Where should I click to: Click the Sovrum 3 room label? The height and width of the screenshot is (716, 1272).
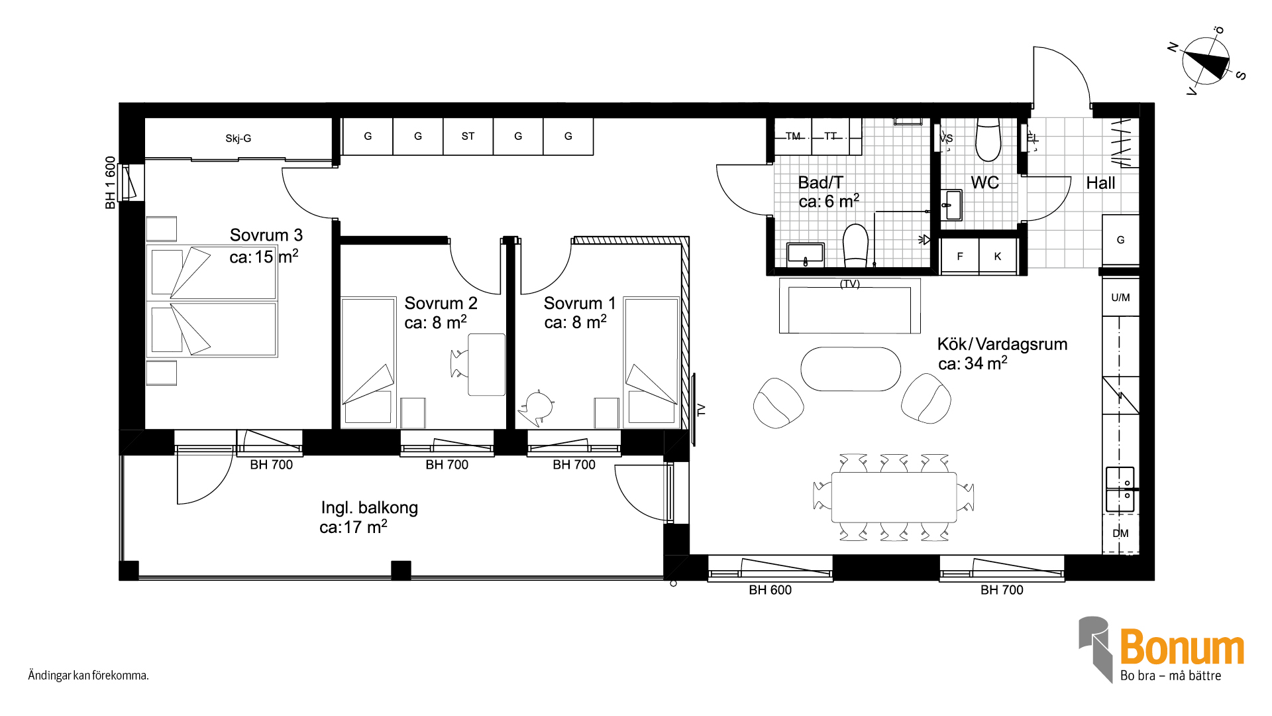point(266,235)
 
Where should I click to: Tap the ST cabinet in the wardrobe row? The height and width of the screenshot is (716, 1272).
point(468,137)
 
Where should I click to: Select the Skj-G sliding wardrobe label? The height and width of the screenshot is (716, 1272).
point(238,139)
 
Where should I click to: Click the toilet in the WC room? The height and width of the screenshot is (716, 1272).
point(988,140)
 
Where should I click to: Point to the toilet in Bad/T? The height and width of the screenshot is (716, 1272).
point(855,245)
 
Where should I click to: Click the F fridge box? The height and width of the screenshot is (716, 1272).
point(960,256)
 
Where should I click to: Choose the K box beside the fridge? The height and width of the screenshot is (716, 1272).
point(998,256)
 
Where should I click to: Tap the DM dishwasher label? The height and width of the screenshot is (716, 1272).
point(1120,534)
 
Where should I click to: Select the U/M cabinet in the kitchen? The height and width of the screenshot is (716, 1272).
point(1120,298)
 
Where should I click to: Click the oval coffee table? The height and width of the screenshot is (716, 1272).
point(851,369)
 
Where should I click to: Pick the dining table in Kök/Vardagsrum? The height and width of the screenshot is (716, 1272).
point(894,497)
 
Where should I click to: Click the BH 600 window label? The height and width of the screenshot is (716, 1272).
point(770,590)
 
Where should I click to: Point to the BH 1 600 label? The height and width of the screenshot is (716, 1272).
point(110,182)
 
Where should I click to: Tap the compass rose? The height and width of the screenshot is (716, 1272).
point(1206,61)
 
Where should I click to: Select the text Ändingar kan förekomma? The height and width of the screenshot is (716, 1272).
point(88,676)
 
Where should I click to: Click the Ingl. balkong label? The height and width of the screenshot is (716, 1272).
point(369,508)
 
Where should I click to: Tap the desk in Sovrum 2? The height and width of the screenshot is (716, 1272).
point(486,365)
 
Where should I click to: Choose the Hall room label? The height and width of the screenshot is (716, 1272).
point(1100,183)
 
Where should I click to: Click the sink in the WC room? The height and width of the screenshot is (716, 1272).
point(951,205)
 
